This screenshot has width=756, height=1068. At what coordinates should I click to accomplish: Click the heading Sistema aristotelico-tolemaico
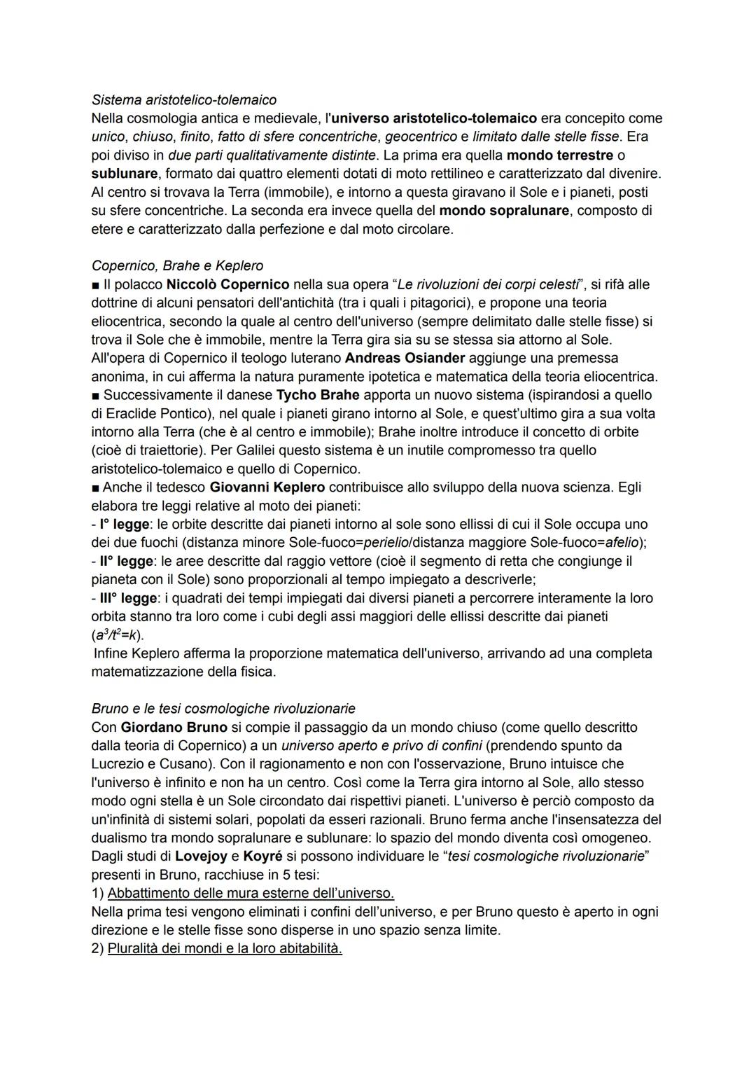[x=183, y=99]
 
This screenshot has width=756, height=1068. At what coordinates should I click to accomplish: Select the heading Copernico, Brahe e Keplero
[x=177, y=265]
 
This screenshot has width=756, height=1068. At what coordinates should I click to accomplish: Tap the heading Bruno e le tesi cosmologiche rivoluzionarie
[x=223, y=708]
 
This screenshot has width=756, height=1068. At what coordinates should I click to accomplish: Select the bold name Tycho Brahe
[x=318, y=395]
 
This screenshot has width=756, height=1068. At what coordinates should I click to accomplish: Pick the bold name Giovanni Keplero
[x=267, y=487]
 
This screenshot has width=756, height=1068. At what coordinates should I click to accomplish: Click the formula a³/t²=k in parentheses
[x=117, y=635]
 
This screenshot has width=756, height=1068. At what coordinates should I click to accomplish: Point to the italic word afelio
[x=623, y=542]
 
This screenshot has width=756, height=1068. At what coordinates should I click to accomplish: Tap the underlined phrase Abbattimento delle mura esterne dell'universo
[x=251, y=893]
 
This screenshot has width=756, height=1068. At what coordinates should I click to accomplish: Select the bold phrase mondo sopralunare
[x=504, y=210]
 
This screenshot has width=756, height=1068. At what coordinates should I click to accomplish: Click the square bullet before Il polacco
[x=95, y=285]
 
